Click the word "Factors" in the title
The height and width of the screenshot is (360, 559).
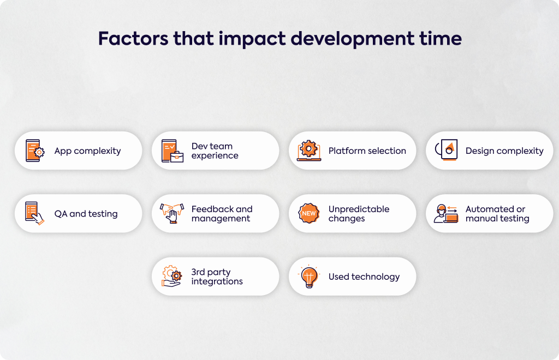click(x=133, y=39)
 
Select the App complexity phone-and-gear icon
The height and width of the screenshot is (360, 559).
click(x=35, y=151)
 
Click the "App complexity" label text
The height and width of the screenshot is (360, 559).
click(x=87, y=151)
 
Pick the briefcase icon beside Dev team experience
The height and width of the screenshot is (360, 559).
click(x=173, y=151)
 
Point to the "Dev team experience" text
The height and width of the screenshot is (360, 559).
click(x=215, y=151)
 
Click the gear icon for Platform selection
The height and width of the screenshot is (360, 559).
click(x=309, y=150)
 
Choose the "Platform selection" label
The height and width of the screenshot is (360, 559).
click(x=367, y=151)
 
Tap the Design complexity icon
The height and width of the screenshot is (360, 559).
click(x=447, y=149)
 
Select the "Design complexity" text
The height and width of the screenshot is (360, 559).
click(x=504, y=151)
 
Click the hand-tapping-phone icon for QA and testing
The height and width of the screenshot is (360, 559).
click(x=34, y=213)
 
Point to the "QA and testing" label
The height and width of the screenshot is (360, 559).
click(x=86, y=214)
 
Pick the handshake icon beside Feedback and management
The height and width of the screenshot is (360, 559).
click(x=172, y=213)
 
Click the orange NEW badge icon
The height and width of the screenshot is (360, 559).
click(x=309, y=213)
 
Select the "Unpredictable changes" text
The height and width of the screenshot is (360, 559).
click(x=359, y=214)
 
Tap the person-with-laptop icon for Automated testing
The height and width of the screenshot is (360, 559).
click(x=445, y=214)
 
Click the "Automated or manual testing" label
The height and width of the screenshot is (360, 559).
click(x=497, y=214)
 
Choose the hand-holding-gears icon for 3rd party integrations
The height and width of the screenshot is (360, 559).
click(x=172, y=277)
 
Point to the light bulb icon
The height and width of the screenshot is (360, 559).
click(x=309, y=277)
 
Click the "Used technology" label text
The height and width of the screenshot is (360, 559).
click(x=364, y=277)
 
